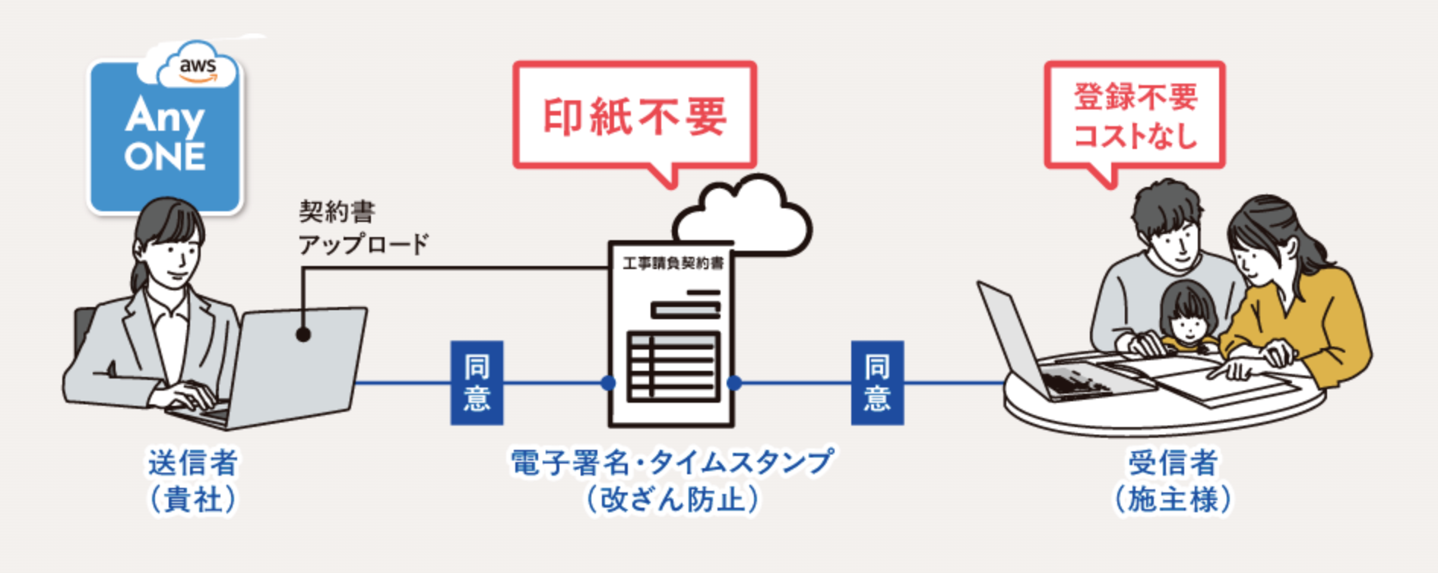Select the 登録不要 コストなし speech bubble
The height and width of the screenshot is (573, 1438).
click(x=1135, y=116)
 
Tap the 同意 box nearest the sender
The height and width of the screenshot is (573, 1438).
click(x=477, y=382)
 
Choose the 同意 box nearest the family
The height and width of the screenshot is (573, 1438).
click(x=877, y=382)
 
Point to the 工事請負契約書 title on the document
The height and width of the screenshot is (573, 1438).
click(x=673, y=263)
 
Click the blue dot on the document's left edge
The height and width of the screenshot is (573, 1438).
click(x=608, y=382)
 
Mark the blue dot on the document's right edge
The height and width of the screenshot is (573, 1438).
click(x=734, y=382)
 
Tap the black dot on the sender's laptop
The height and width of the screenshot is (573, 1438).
click(x=303, y=334)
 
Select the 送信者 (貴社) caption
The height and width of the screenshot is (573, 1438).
click(x=193, y=480)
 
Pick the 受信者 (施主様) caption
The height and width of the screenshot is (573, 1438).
click(x=1173, y=480)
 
